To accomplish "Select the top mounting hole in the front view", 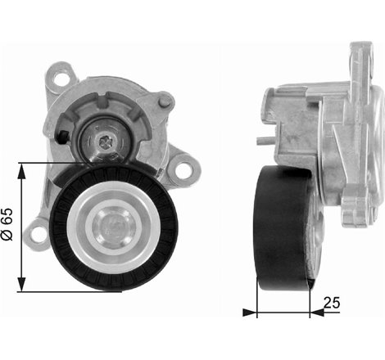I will (60, 79).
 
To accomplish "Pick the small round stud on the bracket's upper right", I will (165, 102).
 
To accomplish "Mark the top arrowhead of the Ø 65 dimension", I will (22, 168).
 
